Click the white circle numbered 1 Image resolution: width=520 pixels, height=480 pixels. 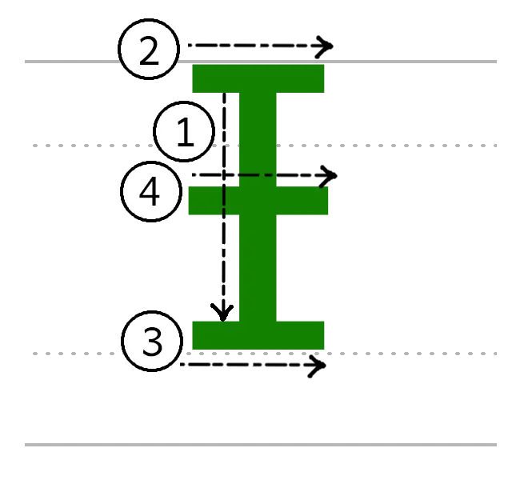[x=185, y=133]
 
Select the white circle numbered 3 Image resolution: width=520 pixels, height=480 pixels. [x=152, y=342]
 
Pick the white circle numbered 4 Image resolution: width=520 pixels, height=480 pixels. [x=151, y=193]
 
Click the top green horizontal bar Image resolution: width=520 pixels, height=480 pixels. [x=259, y=78]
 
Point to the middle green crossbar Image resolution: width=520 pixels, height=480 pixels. [x=258, y=202]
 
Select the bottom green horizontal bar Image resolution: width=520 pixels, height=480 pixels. [x=258, y=335]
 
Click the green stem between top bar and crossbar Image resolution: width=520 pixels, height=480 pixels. [x=258, y=133]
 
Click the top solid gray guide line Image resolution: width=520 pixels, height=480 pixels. [x=416, y=61]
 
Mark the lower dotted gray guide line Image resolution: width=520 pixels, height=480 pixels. [x=416, y=354]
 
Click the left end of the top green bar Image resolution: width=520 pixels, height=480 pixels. [x=195, y=78]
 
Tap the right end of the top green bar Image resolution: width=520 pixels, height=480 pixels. [x=322, y=78]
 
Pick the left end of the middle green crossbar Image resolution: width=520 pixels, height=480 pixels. [x=189, y=202]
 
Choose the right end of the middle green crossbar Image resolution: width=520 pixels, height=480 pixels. [x=328, y=202]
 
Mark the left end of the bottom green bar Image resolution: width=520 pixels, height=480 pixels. [x=195, y=335]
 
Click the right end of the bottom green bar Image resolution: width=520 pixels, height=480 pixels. [x=322, y=335]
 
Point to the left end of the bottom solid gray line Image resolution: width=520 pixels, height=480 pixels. [x=22, y=444]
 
